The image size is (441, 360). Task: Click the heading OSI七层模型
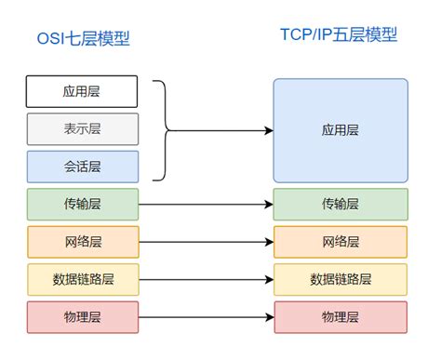click(x=82, y=38)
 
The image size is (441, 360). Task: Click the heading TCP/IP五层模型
click(x=339, y=35)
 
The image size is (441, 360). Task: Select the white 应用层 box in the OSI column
click(x=82, y=91)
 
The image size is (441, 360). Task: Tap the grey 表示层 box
click(x=82, y=128)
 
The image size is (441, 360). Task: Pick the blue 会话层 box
click(x=82, y=166)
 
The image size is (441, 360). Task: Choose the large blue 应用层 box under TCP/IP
click(x=340, y=130)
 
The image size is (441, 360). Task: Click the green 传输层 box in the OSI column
click(x=82, y=204)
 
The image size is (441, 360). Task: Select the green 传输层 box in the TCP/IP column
click(x=340, y=204)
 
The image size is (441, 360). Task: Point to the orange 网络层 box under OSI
click(x=82, y=242)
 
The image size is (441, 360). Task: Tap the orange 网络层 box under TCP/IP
click(x=340, y=242)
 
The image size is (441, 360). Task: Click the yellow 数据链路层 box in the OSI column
click(x=82, y=279)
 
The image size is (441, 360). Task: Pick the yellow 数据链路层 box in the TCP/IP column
click(x=340, y=279)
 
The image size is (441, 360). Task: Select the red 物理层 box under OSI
click(x=82, y=317)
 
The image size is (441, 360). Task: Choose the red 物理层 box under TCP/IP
click(x=340, y=317)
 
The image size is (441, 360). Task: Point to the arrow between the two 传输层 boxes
click(x=205, y=204)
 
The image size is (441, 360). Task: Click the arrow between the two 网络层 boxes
click(x=205, y=242)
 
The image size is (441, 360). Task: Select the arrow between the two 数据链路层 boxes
click(x=205, y=279)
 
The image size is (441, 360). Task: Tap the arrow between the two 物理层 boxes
click(x=205, y=317)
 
